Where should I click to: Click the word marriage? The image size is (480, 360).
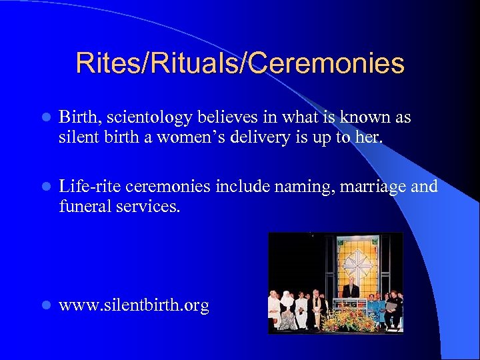(x=373, y=187)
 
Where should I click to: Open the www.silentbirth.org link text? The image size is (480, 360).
(x=134, y=306)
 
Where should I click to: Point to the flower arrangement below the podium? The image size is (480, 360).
(x=347, y=321)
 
